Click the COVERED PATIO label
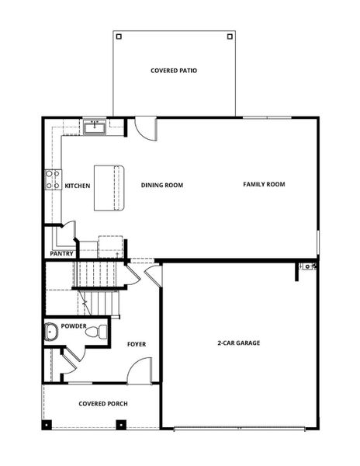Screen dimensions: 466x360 coord(174,71)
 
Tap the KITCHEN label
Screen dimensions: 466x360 coord(78,186)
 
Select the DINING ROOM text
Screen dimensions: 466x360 coord(161,185)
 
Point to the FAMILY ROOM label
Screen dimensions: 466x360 coord(264,184)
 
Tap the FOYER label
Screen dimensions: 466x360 coord(137,344)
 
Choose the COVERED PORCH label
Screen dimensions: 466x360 coord(103,404)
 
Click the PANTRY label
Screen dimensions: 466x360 coord(61,253)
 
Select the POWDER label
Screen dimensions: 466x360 coord(74,326)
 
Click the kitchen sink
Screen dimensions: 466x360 coord(96,126)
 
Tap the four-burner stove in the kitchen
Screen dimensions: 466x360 coord(53,180)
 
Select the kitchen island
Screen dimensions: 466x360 coord(109,187)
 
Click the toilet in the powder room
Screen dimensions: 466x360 coord(95,332)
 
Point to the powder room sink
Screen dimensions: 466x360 coord(52,333)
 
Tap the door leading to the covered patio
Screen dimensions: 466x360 coord(145,126)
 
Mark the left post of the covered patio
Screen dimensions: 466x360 coord(118,36)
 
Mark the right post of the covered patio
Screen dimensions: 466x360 coord(229,36)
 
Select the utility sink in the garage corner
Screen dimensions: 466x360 coord(309,267)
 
